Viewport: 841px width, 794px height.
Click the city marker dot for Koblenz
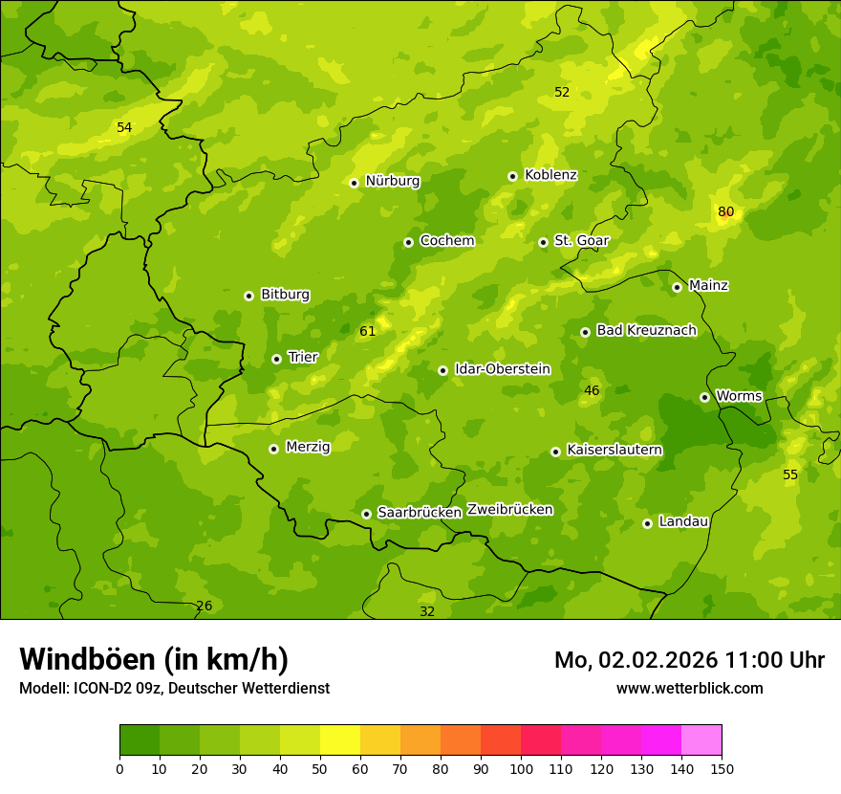pyautogui.click(x=512, y=176)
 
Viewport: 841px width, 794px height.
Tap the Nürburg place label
pyautogui.click(x=392, y=181)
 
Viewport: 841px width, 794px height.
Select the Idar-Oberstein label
pyautogui.click(x=503, y=368)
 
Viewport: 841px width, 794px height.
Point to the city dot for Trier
pyautogui.click(x=276, y=359)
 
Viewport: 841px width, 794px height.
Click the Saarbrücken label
pyautogui.click(x=420, y=512)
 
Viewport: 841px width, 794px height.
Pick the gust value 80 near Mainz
pyautogui.click(x=726, y=211)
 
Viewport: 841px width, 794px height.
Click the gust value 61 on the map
pyautogui.click(x=367, y=331)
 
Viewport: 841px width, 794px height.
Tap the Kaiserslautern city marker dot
pyautogui.click(x=555, y=452)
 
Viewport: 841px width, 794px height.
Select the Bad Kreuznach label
pyautogui.click(x=646, y=330)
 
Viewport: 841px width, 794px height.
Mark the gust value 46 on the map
pyautogui.click(x=592, y=390)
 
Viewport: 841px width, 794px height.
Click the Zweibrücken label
pyautogui.click(x=509, y=509)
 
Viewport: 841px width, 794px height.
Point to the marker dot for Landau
pyautogui.click(x=647, y=523)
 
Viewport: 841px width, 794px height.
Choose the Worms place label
pyautogui.click(x=739, y=395)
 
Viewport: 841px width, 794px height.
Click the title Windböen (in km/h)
pyautogui.click(x=154, y=659)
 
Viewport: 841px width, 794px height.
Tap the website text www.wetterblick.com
pyautogui.click(x=689, y=688)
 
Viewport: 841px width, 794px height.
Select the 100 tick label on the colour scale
pyautogui.click(x=521, y=768)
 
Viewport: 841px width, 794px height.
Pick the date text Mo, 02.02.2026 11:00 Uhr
pyautogui.click(x=689, y=660)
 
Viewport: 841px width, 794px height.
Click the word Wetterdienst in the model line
pyautogui.click(x=288, y=688)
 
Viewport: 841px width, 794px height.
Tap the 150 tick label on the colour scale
pyautogui.click(x=722, y=768)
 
